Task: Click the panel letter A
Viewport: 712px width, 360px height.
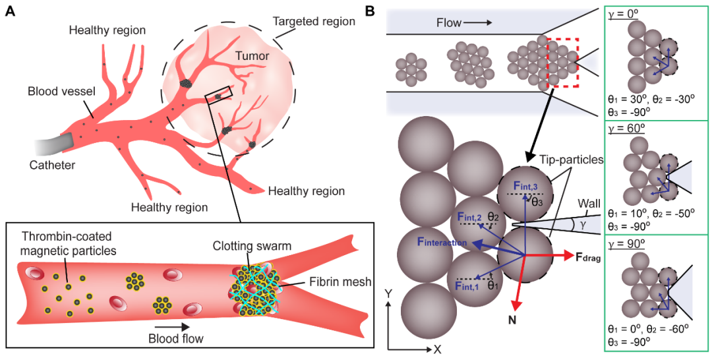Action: pyautogui.click(x=11, y=11)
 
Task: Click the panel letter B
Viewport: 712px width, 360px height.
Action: pyautogui.click(x=371, y=11)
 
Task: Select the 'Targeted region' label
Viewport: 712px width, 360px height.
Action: pyautogui.click(x=314, y=22)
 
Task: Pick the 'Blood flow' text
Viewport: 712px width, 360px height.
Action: pyautogui.click(x=174, y=339)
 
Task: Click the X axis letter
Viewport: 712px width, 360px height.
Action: pyautogui.click(x=436, y=348)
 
